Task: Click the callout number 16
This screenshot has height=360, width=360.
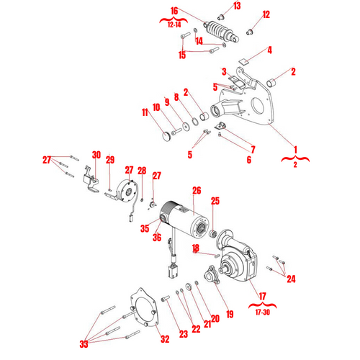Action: pyautogui.click(x=174, y=11)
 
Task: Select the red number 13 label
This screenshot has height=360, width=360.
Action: pyautogui.click(x=237, y=6)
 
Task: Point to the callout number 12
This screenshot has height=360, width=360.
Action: pyautogui.click(x=266, y=14)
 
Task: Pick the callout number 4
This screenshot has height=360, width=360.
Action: pyautogui.click(x=269, y=50)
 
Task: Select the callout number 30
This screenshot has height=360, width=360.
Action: pyautogui.click(x=96, y=154)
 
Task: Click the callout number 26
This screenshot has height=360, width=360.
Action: pyautogui.click(x=196, y=191)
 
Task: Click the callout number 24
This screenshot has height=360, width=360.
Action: pyautogui.click(x=291, y=279)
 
